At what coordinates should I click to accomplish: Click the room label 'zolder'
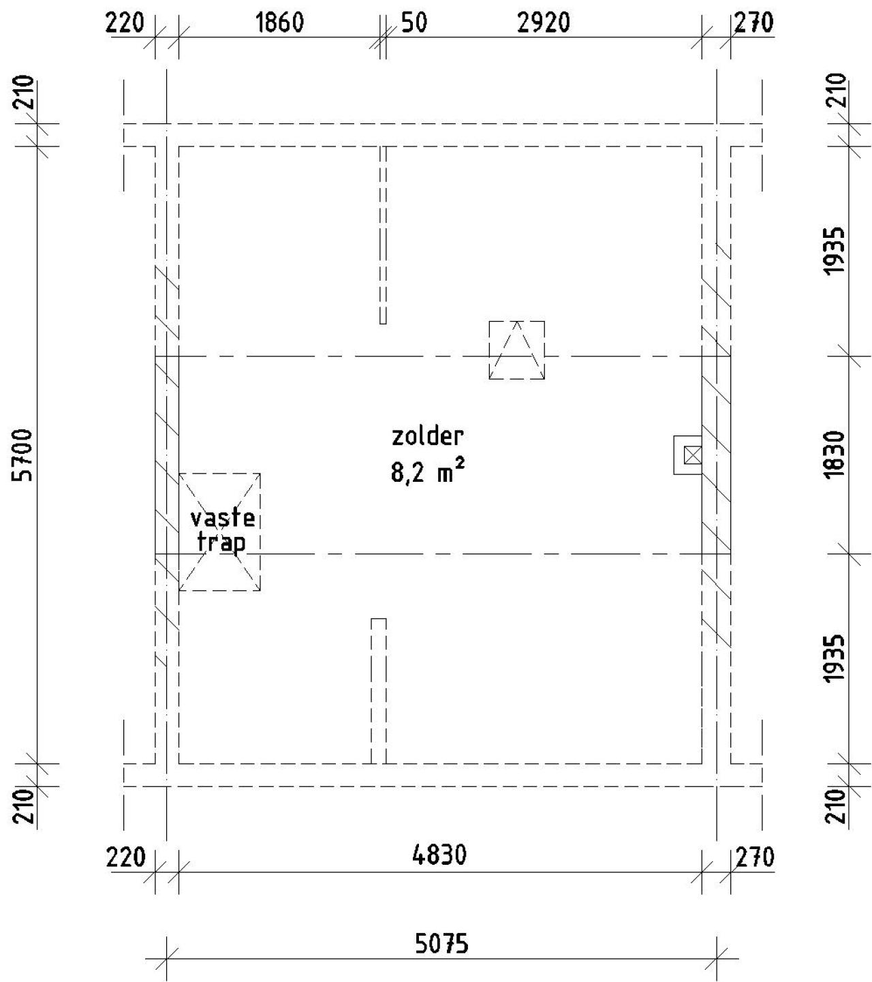tap(428, 436)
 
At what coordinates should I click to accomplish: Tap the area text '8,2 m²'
tap(428, 471)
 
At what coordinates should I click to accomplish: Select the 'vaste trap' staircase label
tap(223, 530)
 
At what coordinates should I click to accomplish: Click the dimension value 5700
tap(23, 455)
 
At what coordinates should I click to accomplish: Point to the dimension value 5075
tap(441, 944)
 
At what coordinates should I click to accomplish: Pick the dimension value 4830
tap(439, 855)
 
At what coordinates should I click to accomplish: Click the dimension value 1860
tap(280, 22)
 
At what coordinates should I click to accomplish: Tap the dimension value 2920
tap(544, 22)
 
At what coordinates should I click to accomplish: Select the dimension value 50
tap(414, 22)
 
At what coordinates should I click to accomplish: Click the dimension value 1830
tap(835, 455)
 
